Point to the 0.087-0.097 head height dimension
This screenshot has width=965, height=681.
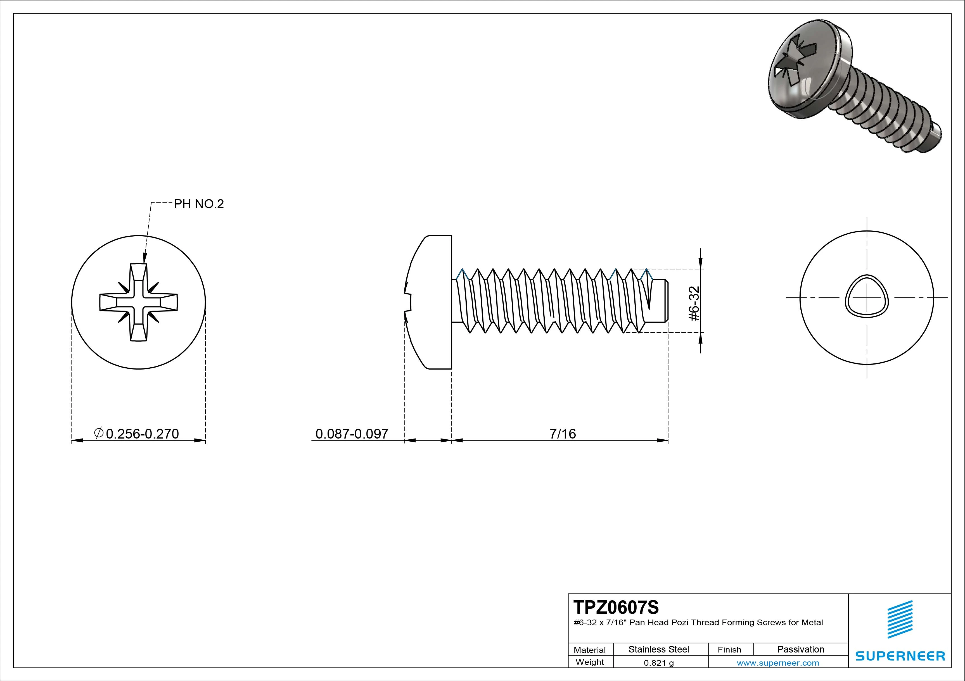coord(352,434)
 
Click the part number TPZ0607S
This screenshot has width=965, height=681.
coord(616,607)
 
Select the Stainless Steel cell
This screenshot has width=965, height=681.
coord(659,649)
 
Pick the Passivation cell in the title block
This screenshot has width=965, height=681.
coord(801,649)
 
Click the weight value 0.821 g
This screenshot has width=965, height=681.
coord(659,663)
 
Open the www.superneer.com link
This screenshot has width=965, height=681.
coord(777,663)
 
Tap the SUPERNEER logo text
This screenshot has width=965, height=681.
coord(900,656)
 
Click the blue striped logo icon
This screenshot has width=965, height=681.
coord(900,619)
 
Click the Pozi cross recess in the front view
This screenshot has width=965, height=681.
coord(139,302)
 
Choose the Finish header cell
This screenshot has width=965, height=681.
coord(729,649)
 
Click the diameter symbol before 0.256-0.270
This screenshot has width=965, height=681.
coord(98,433)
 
